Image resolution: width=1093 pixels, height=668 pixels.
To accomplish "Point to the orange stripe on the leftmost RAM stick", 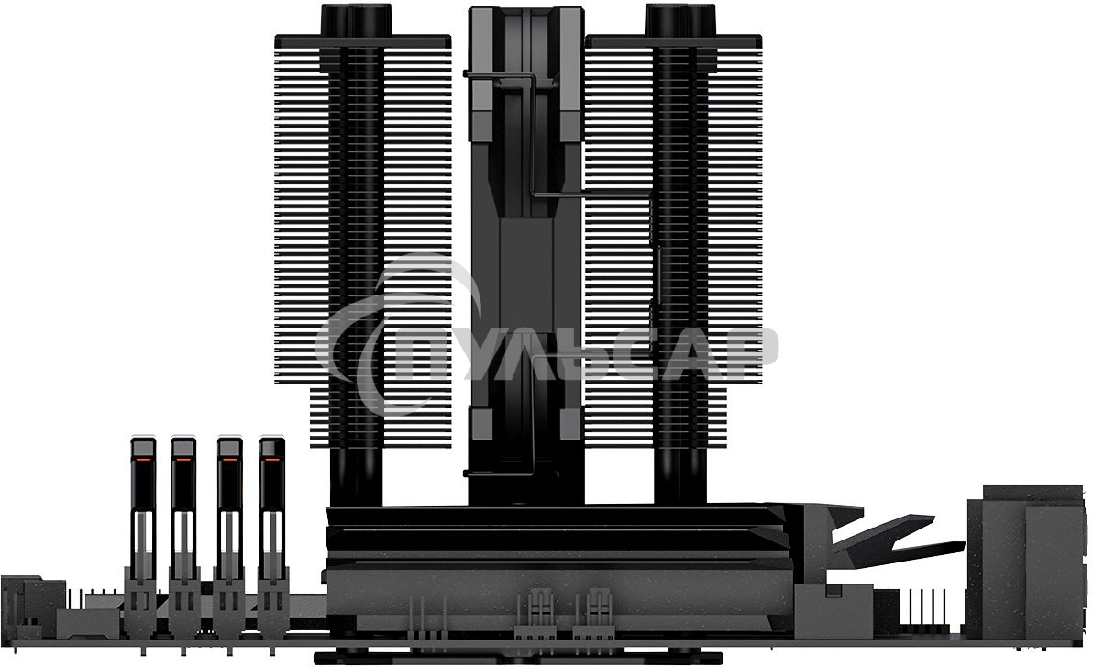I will tap(142, 455).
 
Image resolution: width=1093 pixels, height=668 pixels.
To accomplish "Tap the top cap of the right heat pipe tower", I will tap(679, 18).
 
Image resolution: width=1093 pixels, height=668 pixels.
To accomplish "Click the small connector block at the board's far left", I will tap(20, 601).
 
